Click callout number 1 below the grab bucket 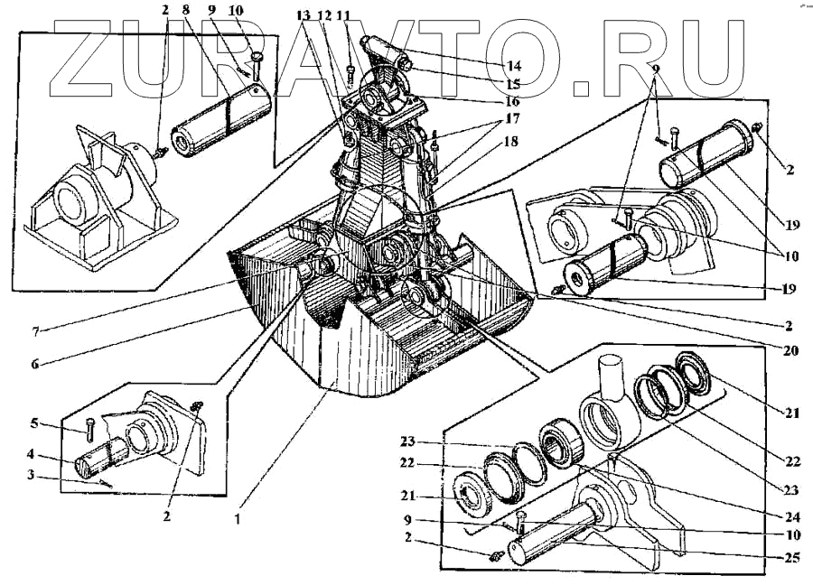click(x=237, y=519)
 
